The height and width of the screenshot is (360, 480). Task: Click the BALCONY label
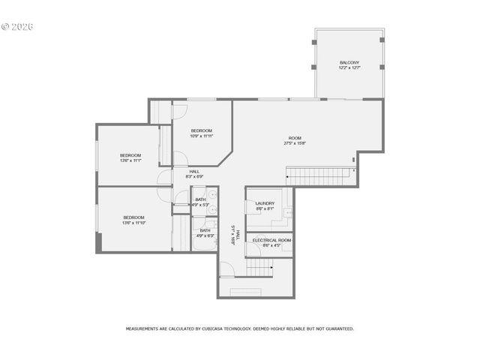coord(349,62)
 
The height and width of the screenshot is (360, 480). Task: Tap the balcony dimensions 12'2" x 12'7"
coord(349,68)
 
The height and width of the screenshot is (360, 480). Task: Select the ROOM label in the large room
coord(295,138)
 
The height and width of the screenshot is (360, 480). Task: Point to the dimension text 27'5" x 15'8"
coord(295,144)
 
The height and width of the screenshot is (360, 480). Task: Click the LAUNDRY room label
coord(264,203)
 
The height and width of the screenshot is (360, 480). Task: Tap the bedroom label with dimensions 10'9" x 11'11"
coord(201,130)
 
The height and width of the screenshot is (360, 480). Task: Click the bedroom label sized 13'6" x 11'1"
coord(130,155)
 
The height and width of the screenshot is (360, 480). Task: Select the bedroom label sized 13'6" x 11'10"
coord(133,217)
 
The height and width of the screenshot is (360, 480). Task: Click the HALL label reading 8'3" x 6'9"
coord(194,172)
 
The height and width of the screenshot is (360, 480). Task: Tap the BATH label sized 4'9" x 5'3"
coord(200,199)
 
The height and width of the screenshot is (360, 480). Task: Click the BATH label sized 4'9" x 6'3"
coord(205,231)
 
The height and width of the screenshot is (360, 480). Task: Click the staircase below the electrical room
coord(259,266)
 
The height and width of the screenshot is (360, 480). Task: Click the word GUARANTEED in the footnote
coord(337,328)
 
